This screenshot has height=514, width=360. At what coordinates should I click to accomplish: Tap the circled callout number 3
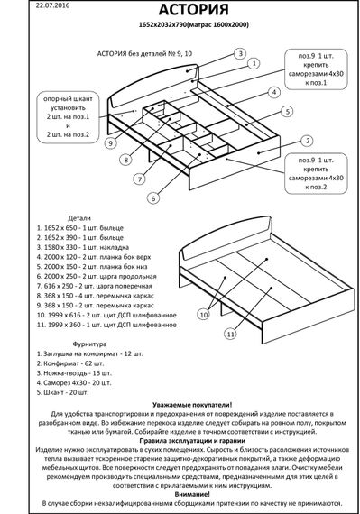tap(241, 54)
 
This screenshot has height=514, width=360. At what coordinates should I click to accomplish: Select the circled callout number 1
tap(253, 64)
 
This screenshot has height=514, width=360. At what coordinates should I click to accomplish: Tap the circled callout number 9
tap(109, 142)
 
